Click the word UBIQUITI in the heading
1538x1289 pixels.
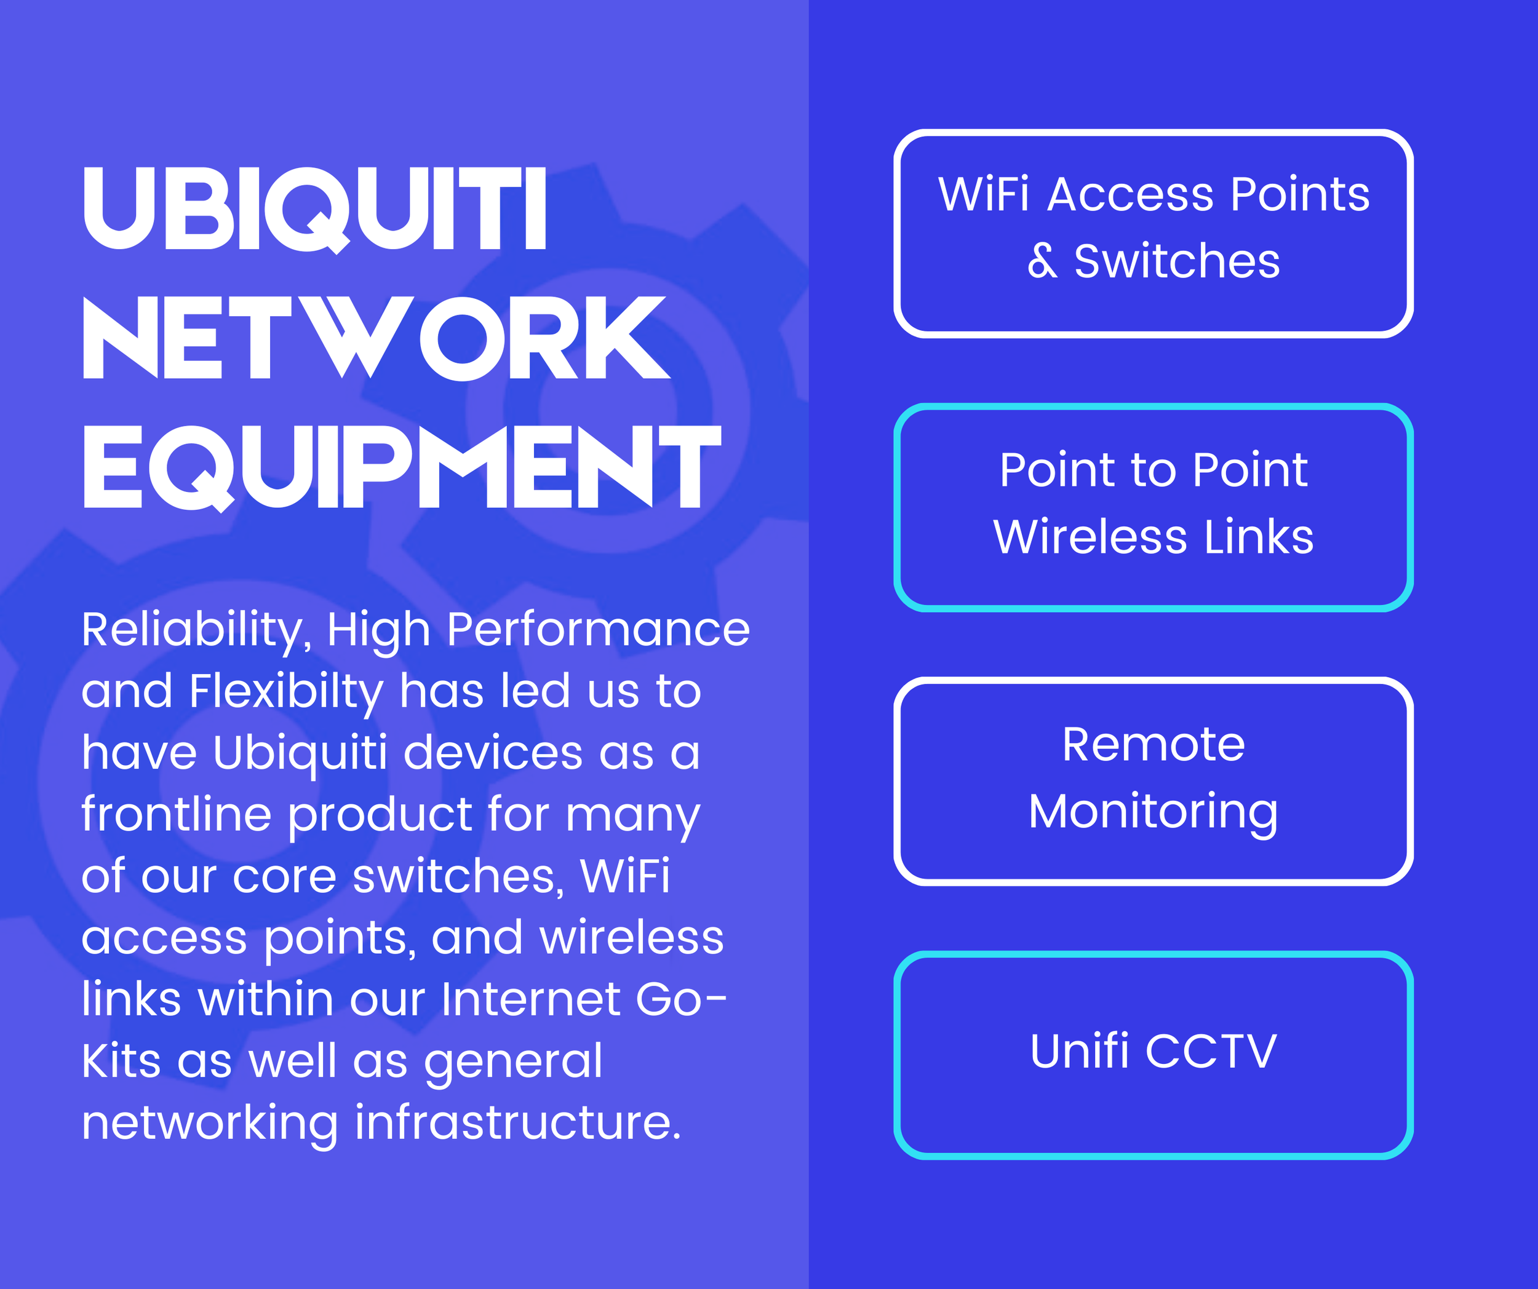pyautogui.click(x=315, y=208)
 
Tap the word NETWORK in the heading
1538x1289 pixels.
pyautogui.click(x=376, y=338)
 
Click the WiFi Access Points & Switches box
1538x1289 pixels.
pyautogui.click(x=1153, y=232)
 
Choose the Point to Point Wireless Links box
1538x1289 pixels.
pyautogui.click(x=1153, y=507)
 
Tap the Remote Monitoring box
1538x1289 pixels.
pyautogui.click(x=1153, y=780)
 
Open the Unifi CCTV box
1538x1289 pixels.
pyautogui.click(x=1153, y=1054)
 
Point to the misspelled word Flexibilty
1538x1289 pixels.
pyautogui.click(x=285, y=691)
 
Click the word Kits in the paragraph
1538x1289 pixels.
pyautogui.click(x=121, y=1061)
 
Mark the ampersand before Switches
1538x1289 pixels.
pyautogui.click(x=1042, y=261)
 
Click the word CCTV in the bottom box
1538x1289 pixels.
pyautogui.click(x=1211, y=1052)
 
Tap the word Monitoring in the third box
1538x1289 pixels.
pyautogui.click(x=1153, y=812)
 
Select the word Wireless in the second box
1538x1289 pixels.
pyautogui.click(x=1090, y=537)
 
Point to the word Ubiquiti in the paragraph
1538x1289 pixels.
pyautogui.click(x=300, y=753)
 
